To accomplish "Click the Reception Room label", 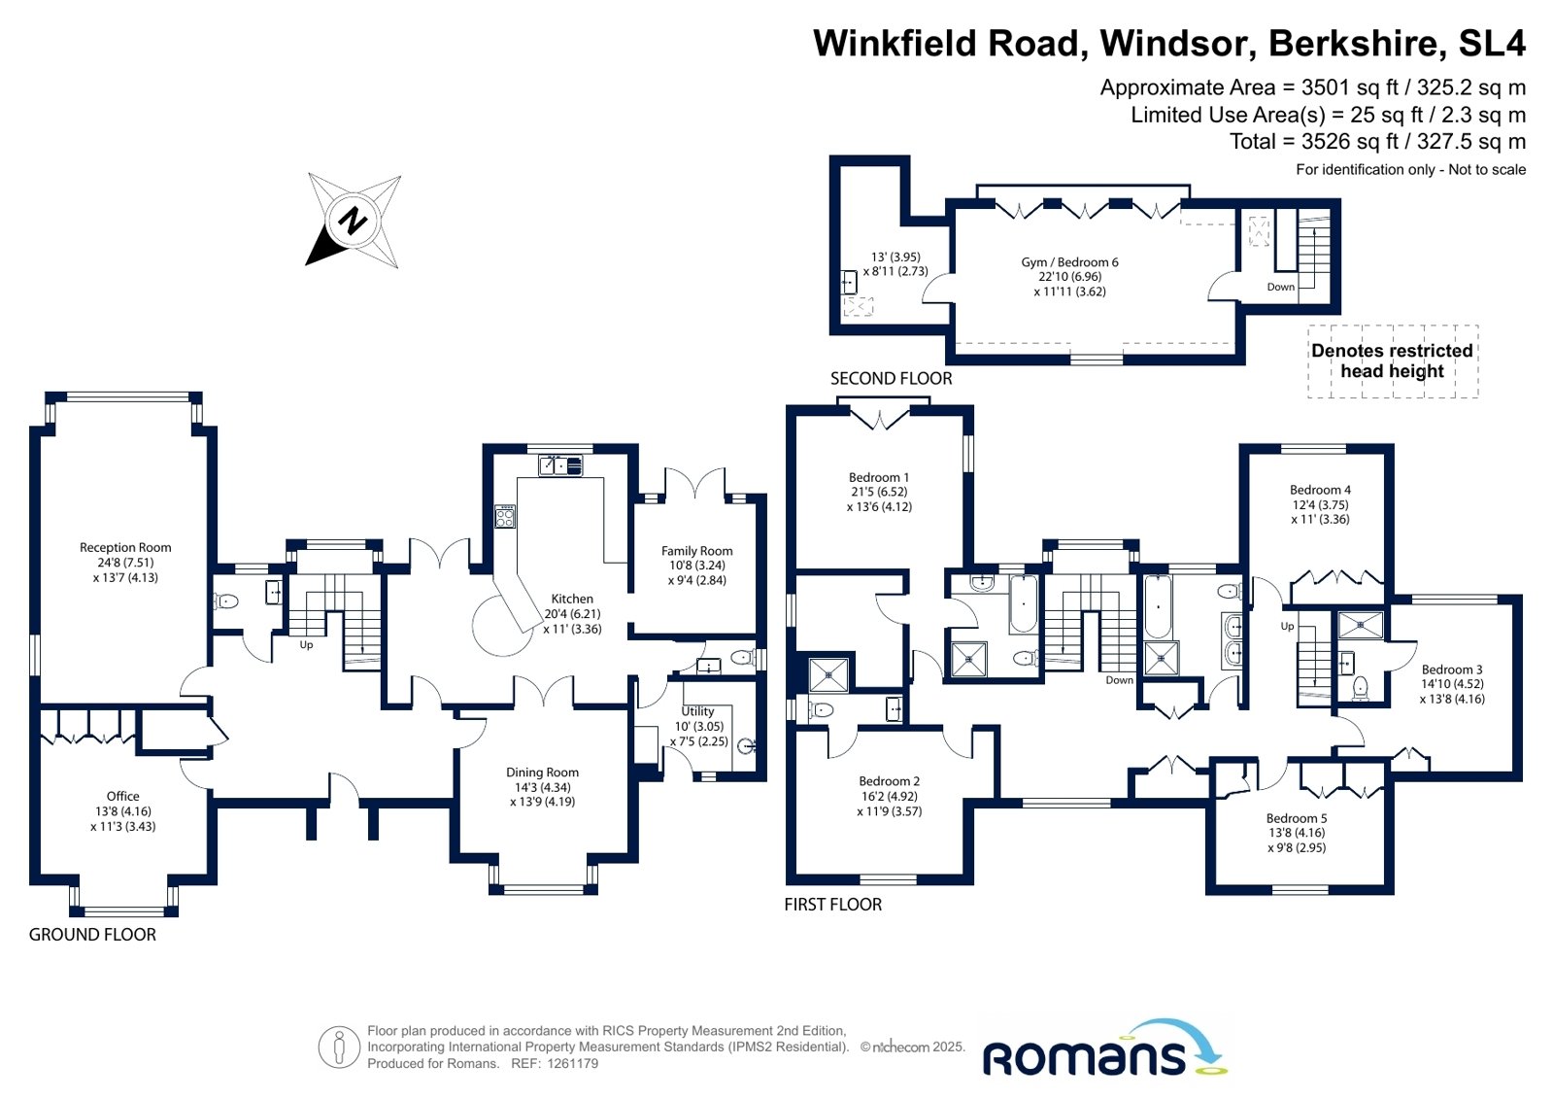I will click(x=125, y=548).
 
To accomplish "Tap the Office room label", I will click(x=123, y=797).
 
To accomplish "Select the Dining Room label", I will click(x=542, y=773).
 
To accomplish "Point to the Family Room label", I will click(x=696, y=551).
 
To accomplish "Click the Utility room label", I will click(x=697, y=711).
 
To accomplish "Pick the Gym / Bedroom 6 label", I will click(x=1069, y=262).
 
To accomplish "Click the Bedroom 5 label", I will click(x=1296, y=819).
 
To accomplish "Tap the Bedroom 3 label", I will click(x=1451, y=670).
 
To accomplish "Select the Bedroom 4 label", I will click(x=1320, y=491).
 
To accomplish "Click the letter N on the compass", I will click(x=354, y=221).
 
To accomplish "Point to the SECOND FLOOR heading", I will click(x=891, y=379).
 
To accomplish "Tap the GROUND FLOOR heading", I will click(x=92, y=935).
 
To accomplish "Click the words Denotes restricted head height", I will click(x=1392, y=361).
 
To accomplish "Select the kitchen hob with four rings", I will click(x=505, y=516).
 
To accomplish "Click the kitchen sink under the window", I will click(x=560, y=465).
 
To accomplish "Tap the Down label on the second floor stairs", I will click(x=1280, y=287).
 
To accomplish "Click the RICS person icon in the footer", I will click(x=339, y=1047).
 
